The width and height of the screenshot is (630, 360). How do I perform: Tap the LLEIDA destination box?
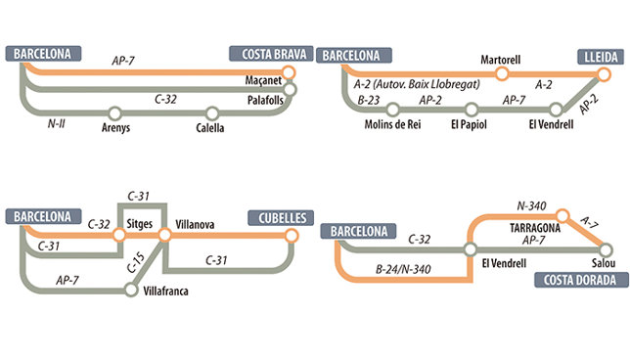pos(599,56)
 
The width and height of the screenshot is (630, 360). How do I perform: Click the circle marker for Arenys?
pos(115,112)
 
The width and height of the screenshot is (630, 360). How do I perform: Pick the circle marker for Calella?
pos(211,112)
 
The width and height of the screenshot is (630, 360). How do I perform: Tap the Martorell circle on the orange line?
pos(502,72)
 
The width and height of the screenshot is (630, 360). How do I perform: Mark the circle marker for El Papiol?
pos(472,110)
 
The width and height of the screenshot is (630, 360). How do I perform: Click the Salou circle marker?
pos(604,249)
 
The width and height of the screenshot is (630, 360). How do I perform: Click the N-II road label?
pos(57,124)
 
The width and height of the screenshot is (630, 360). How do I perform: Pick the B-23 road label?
pos(369,99)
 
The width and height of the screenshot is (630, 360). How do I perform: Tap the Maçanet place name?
pos(264,80)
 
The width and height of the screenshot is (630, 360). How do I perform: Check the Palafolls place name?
pos(265,99)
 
